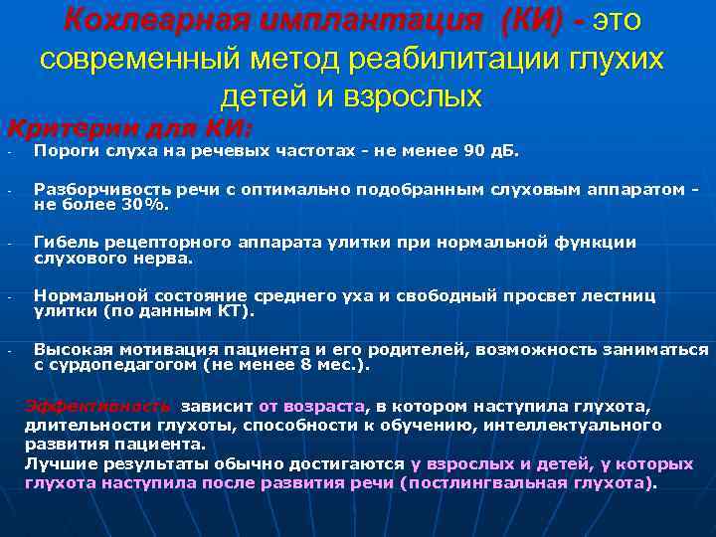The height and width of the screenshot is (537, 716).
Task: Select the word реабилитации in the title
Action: click(443, 59)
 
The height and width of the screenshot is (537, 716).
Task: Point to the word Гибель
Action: click(64, 243)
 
